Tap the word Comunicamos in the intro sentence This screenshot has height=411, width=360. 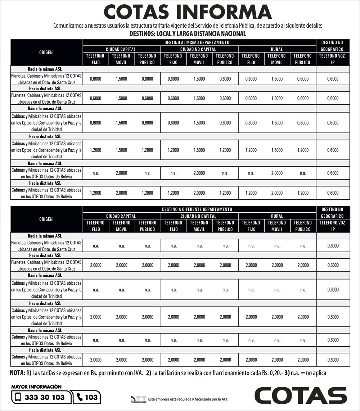68,26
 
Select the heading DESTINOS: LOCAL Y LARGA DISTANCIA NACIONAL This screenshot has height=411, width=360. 188,34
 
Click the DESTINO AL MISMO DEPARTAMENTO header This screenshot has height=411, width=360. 199,42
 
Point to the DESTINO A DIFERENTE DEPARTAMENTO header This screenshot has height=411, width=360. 199,209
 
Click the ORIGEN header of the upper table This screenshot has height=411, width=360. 46,52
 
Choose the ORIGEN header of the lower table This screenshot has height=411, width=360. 46,219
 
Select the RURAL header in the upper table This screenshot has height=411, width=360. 276,49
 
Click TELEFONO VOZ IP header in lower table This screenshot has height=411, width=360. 333,226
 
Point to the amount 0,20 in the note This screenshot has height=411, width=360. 276,373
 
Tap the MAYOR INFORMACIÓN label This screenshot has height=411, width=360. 36,387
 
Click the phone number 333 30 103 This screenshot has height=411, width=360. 45,397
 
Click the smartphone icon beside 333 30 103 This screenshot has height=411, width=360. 18,397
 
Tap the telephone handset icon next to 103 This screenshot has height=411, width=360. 80,397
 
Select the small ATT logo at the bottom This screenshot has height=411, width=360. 139,399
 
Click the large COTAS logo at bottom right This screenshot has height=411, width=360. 301,395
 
